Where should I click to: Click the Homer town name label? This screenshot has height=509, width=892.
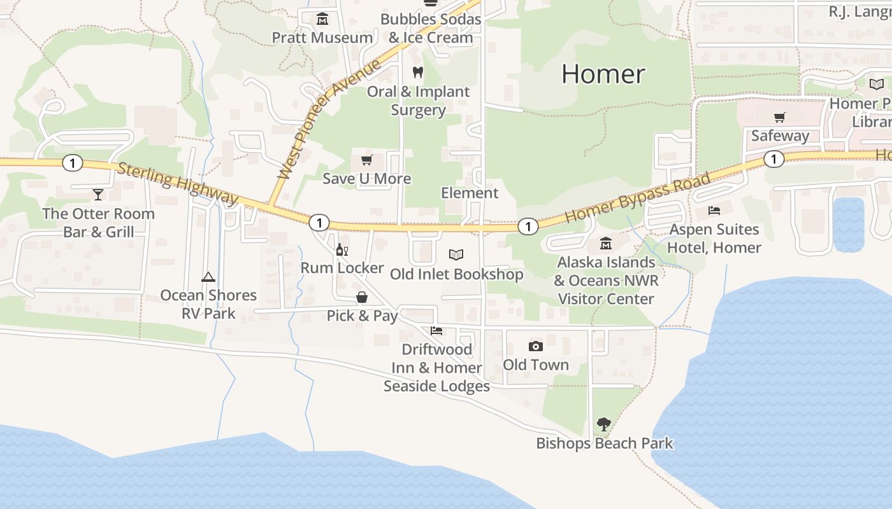coord(603,74)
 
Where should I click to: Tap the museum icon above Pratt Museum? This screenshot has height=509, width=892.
coord(322,19)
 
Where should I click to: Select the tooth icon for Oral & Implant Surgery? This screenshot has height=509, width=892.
coord(418,73)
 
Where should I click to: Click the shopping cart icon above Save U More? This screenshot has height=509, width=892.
coord(366,160)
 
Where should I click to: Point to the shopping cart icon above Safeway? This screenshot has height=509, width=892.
coord(779,117)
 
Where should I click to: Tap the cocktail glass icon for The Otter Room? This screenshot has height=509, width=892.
coord(98,195)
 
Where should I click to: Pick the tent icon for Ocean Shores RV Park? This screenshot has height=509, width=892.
coord(208,277)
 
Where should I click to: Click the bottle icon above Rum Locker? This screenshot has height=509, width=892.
coord(342,250)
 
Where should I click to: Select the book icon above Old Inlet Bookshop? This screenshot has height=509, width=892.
coord(456,255)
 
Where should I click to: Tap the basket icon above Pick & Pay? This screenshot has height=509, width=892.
coord(362,297)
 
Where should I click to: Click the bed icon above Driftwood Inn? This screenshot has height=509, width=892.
coord(436,331)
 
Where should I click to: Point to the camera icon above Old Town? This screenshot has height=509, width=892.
coord(536,346)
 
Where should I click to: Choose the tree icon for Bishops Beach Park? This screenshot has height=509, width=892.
coord(603,424)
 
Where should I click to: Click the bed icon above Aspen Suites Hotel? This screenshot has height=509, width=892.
coord(714,211)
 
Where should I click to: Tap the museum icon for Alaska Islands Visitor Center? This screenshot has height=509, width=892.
coord(605,244)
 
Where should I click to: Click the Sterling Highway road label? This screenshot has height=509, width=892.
coord(177,184)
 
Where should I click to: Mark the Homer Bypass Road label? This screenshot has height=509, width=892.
coord(637,197)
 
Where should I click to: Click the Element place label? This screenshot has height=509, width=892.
coord(470,193)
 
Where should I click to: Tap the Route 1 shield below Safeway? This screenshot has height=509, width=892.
coord(773,159)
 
